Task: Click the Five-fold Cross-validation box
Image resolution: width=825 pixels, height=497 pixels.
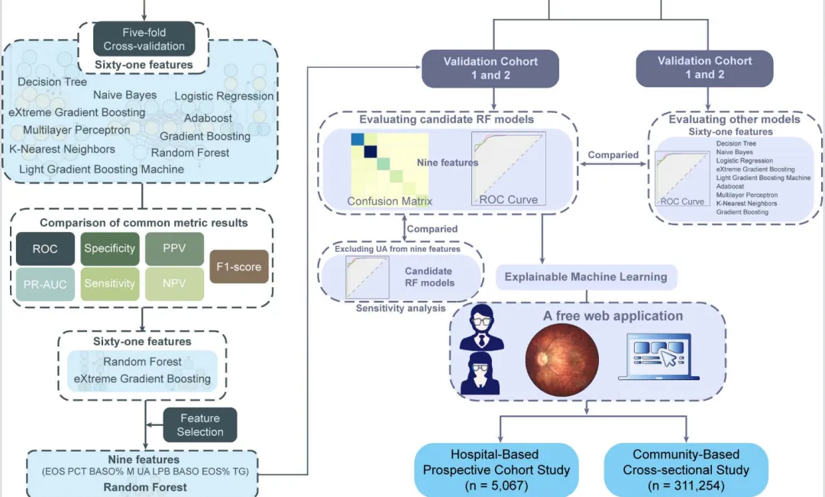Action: pos(144,39)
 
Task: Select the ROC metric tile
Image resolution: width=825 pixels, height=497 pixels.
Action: pos(45,249)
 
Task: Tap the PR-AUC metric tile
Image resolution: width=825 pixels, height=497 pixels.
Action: pos(45,285)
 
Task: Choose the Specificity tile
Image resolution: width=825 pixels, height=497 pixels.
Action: pos(110,249)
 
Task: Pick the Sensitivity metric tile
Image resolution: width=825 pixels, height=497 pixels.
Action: pos(110,284)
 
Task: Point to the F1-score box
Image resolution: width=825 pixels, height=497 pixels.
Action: pos(239,267)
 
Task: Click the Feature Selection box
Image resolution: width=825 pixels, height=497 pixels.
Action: pos(200,424)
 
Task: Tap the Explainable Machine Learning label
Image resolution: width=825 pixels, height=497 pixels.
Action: pos(586,277)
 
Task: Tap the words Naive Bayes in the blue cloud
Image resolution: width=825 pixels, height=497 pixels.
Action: pos(125,95)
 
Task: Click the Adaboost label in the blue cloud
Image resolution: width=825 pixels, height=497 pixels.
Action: pos(209,119)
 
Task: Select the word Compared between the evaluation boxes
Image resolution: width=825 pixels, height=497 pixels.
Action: pos(613,155)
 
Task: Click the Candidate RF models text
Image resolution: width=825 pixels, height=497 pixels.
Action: pos(429,277)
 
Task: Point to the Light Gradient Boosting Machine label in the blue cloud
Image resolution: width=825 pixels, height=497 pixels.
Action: pos(101,169)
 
